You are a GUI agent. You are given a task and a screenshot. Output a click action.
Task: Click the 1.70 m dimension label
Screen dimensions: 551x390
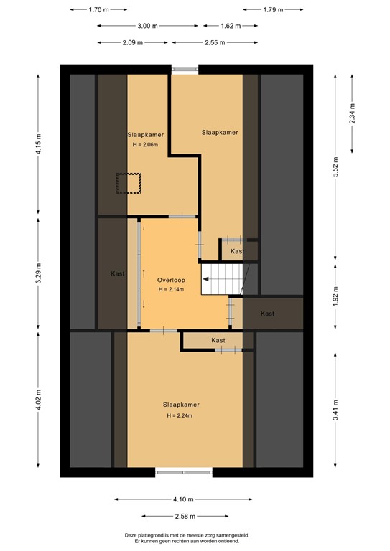[98, 10]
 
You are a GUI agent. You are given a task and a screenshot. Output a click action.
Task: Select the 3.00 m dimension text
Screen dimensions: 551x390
[147, 26]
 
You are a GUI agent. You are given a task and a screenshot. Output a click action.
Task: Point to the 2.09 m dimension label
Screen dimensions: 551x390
[133, 42]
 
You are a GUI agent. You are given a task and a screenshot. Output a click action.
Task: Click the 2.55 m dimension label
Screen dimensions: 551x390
[214, 42]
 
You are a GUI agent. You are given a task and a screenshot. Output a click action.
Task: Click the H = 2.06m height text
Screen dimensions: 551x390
[144, 144]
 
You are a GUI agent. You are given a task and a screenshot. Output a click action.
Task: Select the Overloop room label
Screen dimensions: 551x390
[172, 279]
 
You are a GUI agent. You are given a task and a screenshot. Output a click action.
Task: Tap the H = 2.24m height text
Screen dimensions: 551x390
[180, 415]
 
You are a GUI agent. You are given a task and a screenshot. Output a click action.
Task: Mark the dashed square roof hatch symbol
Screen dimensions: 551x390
[130, 183]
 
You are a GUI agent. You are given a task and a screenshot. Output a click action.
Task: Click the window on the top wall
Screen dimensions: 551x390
[185, 69]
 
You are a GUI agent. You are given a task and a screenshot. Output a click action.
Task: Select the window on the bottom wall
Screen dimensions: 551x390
[184, 472]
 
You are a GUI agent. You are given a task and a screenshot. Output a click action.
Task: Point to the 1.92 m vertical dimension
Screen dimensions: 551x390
[335, 296]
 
